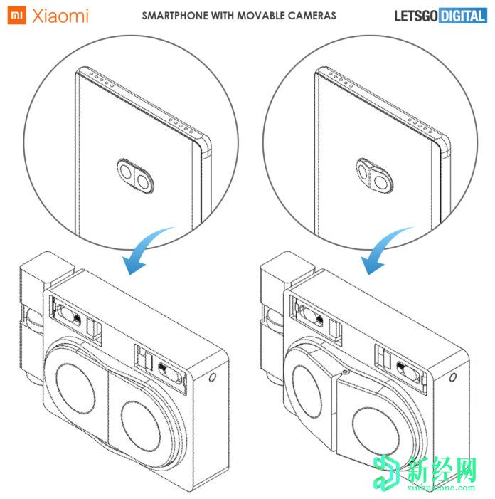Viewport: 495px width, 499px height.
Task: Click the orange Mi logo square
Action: click(x=16, y=15)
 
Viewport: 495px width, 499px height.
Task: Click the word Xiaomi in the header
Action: click(x=60, y=16)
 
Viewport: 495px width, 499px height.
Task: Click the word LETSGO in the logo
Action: click(x=416, y=16)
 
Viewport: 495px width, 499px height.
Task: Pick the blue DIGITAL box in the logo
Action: click(x=462, y=16)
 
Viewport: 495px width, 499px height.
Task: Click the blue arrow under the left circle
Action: click(x=144, y=251)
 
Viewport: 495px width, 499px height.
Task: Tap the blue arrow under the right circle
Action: click(x=384, y=251)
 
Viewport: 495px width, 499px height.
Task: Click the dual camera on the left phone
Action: click(x=135, y=176)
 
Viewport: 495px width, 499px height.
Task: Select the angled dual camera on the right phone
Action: click(x=374, y=175)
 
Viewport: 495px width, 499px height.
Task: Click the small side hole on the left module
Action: click(x=213, y=377)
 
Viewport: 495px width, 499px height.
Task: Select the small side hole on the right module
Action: click(x=453, y=377)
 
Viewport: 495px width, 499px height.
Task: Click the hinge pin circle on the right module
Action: click(x=345, y=372)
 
